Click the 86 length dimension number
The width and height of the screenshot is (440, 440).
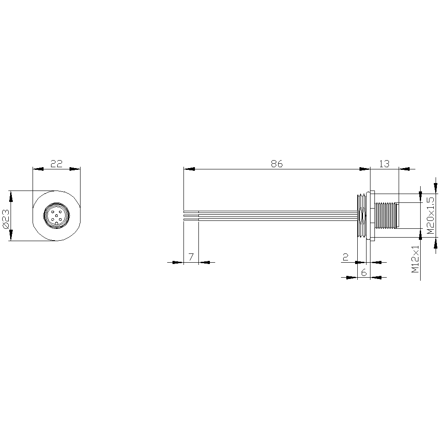pyautogui.click(x=277, y=164)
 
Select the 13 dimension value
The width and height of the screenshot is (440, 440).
pyautogui.click(x=384, y=164)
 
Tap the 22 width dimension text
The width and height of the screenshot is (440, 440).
pyautogui.click(x=56, y=164)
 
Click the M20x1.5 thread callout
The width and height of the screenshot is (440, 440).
pyautogui.click(x=430, y=216)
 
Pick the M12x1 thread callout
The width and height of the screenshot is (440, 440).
pyautogui.click(x=415, y=259)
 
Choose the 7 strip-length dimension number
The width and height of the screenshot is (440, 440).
pyautogui.click(x=191, y=257)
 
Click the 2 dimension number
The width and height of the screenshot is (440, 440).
pyautogui.click(x=346, y=257)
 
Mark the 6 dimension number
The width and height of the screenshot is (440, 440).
pyautogui.click(x=364, y=272)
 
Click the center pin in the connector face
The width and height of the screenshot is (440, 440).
pyautogui.click(x=56, y=216)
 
